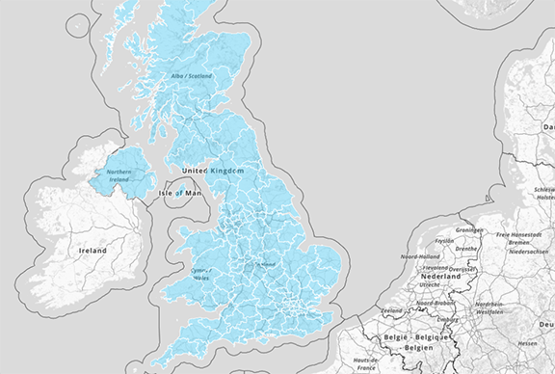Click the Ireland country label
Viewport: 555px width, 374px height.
coord(93,250)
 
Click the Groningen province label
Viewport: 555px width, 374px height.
coord(469,230)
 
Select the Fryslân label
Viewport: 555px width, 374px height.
coord(445,241)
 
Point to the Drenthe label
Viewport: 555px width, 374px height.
coord(466,248)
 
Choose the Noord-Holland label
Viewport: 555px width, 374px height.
coord(421,256)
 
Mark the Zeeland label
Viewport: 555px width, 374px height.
coord(392,310)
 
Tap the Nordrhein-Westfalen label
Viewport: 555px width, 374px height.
coord(494,308)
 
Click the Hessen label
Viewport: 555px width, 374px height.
coord(527,343)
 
